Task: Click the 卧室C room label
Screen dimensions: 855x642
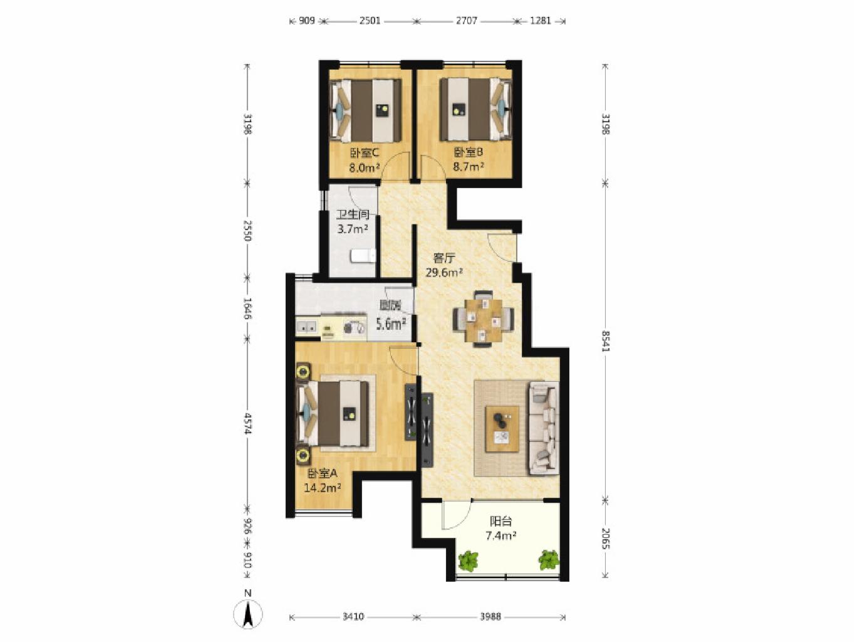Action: coord(365,153)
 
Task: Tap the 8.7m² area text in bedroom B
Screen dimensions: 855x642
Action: coord(468,167)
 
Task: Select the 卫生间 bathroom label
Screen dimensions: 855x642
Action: coord(353,214)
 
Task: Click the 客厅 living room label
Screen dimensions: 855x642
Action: coord(444,258)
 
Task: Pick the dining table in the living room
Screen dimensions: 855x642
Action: coord(484,319)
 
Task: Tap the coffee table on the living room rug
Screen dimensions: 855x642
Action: coord(502,429)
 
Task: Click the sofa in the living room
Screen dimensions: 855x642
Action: coord(544,428)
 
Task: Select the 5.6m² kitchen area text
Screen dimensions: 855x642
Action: coord(391,323)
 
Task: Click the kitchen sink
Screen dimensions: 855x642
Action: coord(306,327)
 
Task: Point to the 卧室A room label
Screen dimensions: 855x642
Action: coord(322,473)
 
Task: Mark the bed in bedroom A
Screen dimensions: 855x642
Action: coord(333,413)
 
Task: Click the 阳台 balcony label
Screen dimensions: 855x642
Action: coord(500,521)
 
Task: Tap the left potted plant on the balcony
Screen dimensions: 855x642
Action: coord(468,560)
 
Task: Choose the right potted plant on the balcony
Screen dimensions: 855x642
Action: coord(549,560)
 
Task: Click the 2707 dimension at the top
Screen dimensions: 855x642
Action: coord(466,21)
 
